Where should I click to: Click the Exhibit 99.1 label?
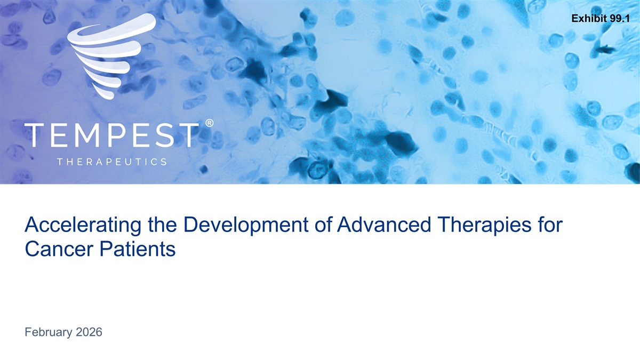click(x=601, y=19)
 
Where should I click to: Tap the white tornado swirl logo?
click(x=111, y=56)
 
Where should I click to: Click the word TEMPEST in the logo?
click(x=111, y=135)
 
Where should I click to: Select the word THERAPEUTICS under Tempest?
click(x=112, y=162)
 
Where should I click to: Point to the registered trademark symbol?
click(x=209, y=123)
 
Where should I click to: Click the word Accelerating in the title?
click(x=83, y=225)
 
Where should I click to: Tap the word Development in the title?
click(x=246, y=225)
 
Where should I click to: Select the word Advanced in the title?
click(x=383, y=225)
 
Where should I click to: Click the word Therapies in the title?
click(x=482, y=225)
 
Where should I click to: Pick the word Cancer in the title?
click(x=59, y=249)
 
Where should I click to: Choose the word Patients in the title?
click(x=138, y=249)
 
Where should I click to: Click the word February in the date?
click(x=49, y=333)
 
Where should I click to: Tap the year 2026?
click(x=89, y=332)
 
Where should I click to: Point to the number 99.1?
click(x=620, y=19)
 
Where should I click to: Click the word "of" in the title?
click(x=323, y=225)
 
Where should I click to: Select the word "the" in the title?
click(x=162, y=225)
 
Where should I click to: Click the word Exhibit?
click(x=589, y=19)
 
